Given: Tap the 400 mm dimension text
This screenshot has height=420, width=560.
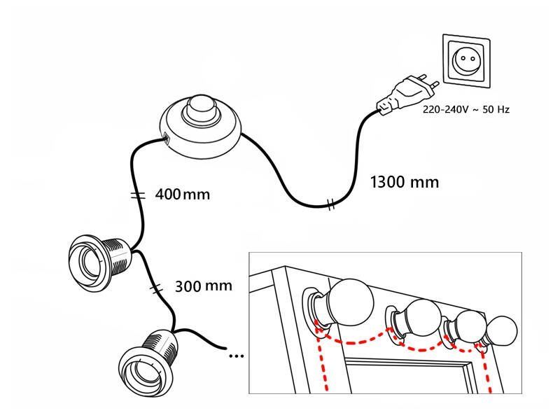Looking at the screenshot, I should [x=182, y=193].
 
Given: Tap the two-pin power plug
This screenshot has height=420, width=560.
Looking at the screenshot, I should [x=407, y=94].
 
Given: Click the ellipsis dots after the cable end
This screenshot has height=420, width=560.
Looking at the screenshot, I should [x=237, y=356].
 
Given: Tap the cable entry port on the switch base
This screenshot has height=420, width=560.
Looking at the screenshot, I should [x=166, y=138].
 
